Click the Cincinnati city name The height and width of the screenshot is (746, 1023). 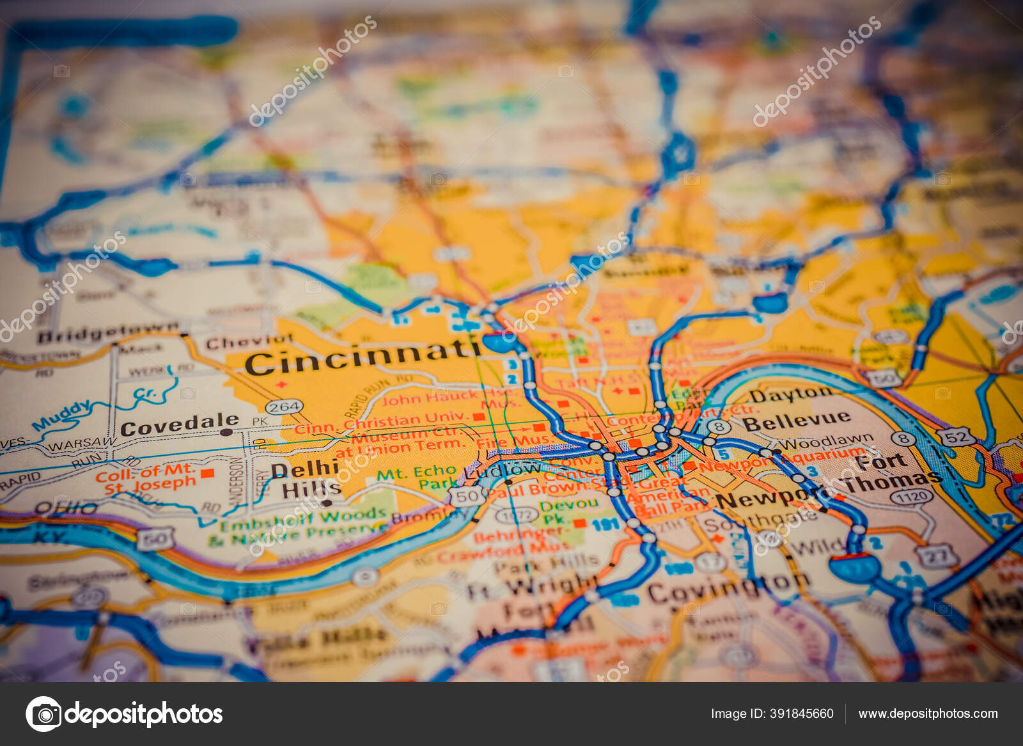(363, 357)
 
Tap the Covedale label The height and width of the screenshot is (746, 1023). (180, 424)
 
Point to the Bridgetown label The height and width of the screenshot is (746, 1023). (107, 332)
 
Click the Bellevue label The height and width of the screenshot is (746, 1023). (796, 421)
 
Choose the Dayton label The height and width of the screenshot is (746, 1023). (791, 394)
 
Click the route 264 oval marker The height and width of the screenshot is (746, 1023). (283, 407)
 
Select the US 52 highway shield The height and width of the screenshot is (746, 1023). (957, 437)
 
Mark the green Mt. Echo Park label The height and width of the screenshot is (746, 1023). (416, 477)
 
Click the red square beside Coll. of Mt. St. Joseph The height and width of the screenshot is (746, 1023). (207, 474)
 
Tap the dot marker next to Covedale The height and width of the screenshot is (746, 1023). (226, 433)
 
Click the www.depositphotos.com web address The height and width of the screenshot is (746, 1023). (928, 713)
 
